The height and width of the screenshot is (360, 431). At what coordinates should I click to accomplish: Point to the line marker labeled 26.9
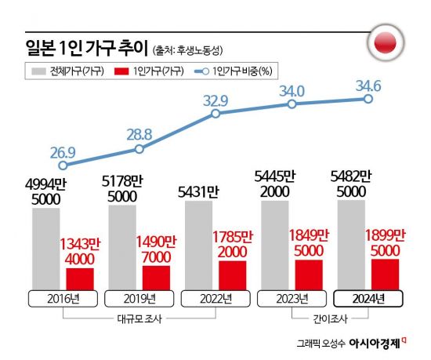point(63,165)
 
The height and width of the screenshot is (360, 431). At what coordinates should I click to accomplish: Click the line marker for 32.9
point(215,115)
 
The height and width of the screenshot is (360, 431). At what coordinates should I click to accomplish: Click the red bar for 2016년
point(80,278)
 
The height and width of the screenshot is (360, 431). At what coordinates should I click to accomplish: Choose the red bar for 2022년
point(232,274)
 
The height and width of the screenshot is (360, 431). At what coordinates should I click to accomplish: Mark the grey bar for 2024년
point(350,244)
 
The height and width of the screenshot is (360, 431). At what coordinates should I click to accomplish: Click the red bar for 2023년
point(308,274)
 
